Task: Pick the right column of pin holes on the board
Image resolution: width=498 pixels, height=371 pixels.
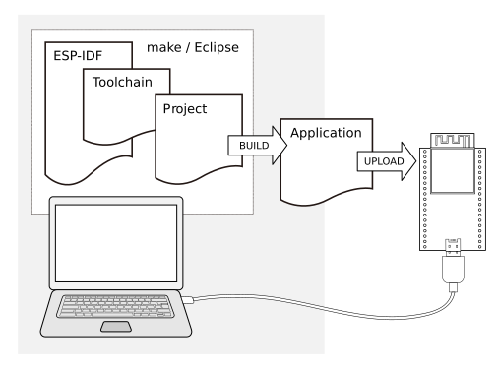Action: coord(473,197)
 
